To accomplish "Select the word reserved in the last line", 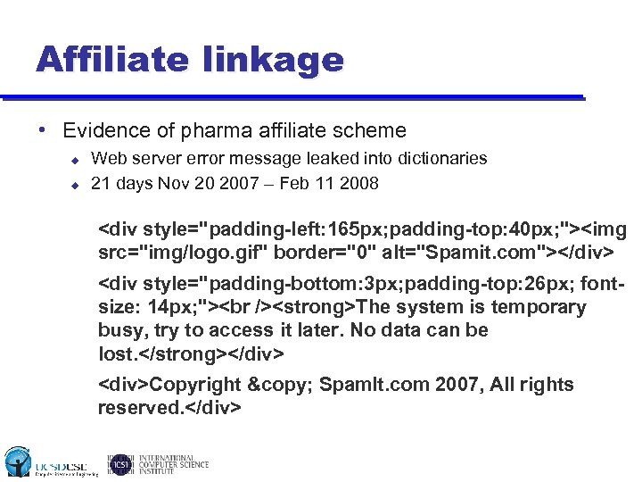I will point(139,408).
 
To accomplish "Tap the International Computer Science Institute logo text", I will point(173,463).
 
